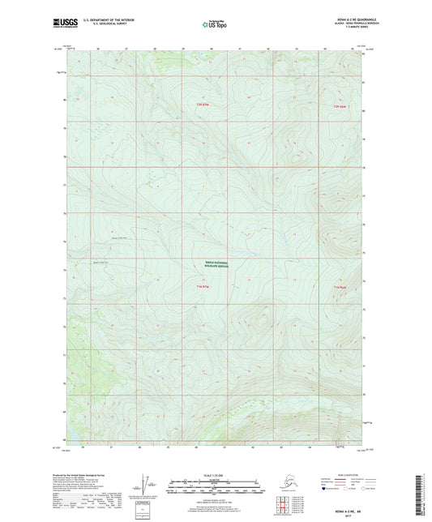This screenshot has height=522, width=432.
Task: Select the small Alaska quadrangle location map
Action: (283, 477)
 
